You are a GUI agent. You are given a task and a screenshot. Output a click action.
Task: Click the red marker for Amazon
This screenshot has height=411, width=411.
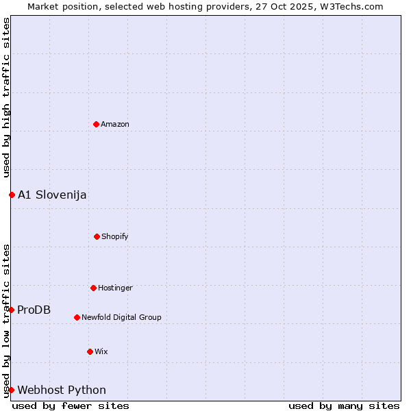96,124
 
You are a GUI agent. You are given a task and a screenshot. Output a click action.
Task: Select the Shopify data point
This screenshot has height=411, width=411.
97,236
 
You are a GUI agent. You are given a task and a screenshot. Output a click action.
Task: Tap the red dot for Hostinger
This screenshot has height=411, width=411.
93,288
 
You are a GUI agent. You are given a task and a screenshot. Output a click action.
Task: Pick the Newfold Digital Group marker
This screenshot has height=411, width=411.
77,317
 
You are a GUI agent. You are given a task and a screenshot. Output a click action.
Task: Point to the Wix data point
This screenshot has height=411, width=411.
90,351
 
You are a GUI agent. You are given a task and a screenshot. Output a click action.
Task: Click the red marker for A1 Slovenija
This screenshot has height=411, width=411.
12,195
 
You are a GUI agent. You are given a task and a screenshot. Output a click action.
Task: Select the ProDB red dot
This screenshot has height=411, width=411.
11,310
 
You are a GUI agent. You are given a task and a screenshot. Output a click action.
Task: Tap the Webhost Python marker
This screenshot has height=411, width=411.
11,390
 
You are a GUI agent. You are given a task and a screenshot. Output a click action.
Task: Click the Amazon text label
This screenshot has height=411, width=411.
115,124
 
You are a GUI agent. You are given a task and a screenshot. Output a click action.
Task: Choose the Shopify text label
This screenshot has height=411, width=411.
115,236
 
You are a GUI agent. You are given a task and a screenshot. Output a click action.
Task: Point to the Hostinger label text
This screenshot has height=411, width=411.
115,288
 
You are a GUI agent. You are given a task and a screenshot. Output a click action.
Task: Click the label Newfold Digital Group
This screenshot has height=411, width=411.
121,317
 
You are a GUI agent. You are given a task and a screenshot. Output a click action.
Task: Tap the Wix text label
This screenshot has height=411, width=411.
101,351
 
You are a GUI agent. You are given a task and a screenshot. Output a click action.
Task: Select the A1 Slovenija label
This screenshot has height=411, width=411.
52,195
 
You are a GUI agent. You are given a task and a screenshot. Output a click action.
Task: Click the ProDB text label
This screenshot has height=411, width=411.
34,310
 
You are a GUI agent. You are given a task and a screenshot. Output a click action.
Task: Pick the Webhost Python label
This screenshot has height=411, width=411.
62,390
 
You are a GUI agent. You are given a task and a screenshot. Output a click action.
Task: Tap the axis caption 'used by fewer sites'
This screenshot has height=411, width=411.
71,406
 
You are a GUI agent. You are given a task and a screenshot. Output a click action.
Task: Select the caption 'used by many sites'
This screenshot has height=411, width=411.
344,406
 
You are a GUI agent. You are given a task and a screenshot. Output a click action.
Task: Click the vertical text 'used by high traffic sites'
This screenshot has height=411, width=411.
6,97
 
